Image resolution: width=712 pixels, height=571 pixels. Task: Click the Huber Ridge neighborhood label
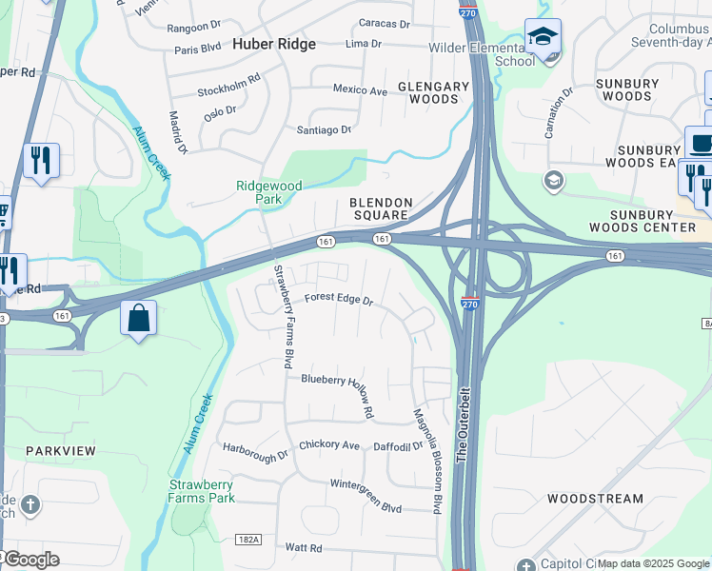click(274, 44)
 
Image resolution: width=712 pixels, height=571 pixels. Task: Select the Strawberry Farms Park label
click(201, 491)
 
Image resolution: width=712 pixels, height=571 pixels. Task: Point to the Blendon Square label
click(381, 208)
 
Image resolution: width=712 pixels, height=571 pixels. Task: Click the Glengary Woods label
click(433, 92)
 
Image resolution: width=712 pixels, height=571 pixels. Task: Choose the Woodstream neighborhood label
click(595, 499)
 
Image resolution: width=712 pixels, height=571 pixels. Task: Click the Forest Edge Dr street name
click(338, 299)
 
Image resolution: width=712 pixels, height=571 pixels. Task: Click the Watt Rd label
click(304, 548)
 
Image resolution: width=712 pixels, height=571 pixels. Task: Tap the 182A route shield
click(247, 540)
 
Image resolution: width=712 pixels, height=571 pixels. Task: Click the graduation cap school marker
click(543, 37)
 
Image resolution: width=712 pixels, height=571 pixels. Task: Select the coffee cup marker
click(702, 143)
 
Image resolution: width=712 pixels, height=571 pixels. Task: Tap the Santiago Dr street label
click(324, 129)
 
